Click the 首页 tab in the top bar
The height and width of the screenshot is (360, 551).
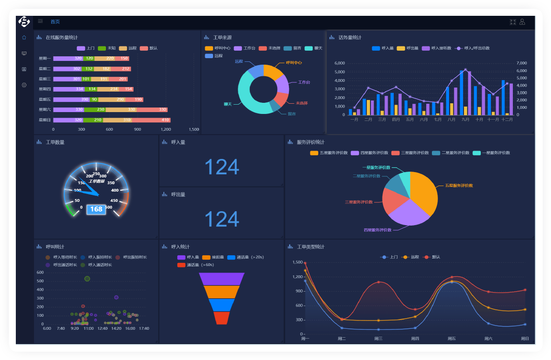55,22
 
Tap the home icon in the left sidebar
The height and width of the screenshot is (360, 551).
24,38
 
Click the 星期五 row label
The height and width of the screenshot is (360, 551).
45,100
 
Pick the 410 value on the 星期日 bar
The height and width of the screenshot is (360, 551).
165,120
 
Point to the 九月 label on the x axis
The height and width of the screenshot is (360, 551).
465,120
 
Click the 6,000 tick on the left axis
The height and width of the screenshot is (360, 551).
340,63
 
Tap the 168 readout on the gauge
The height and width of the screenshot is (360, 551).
96,209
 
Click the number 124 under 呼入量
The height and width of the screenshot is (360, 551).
222,167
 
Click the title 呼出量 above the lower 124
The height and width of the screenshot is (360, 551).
178,194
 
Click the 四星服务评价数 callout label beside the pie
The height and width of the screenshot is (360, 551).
377,230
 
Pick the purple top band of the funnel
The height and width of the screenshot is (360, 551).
222,279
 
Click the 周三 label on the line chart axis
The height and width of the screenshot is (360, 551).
378,339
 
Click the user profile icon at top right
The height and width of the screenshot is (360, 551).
522,22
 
